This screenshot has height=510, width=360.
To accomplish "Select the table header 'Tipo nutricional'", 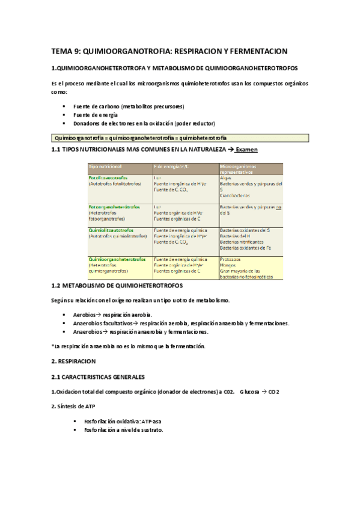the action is click(x=106, y=166).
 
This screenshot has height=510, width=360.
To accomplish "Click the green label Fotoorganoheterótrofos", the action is click(x=114, y=206).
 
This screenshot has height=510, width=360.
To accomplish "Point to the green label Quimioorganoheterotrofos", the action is click(x=117, y=259).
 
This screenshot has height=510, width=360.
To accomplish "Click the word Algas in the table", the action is click(x=226, y=179).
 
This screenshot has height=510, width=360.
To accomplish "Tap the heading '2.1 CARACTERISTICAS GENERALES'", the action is click(x=98, y=377).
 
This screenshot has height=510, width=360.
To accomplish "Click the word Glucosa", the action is click(x=249, y=392).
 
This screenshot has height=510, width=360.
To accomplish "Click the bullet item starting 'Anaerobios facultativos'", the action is click(x=180, y=323).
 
